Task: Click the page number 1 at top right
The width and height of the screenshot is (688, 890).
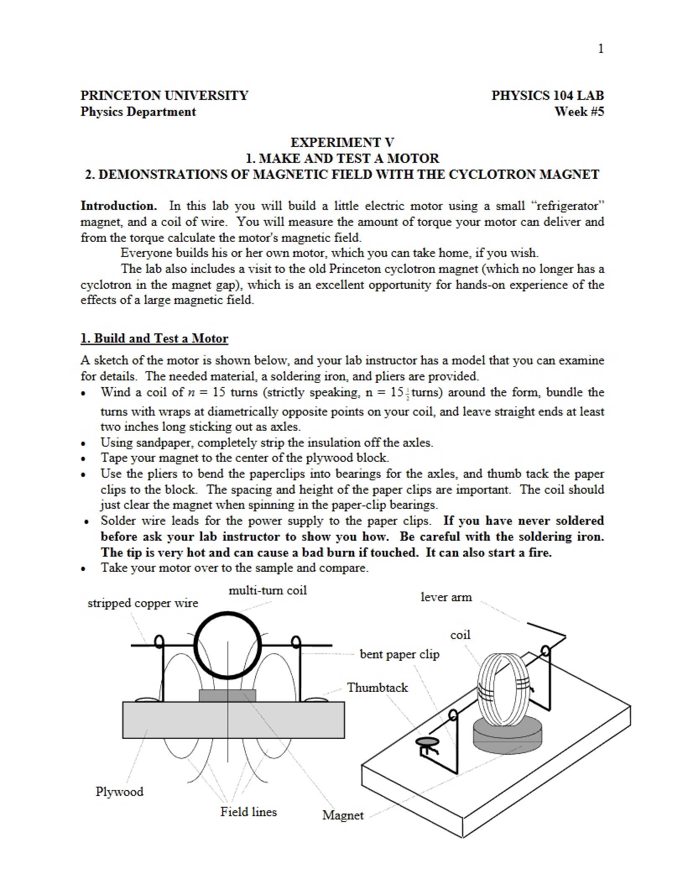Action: tap(601, 49)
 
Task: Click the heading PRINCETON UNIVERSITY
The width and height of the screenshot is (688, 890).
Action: tap(164, 95)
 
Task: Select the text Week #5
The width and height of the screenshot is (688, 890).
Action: tap(579, 112)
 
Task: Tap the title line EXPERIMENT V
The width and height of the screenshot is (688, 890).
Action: tap(342, 142)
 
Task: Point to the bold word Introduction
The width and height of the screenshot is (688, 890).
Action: tap(119, 206)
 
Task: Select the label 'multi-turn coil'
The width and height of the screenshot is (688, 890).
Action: tap(268, 590)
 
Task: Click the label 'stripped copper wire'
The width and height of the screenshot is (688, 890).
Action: tap(143, 603)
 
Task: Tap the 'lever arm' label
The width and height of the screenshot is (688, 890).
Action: tap(446, 597)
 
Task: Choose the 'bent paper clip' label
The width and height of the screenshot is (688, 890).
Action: tap(399, 654)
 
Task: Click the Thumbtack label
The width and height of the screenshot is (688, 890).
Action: tap(378, 687)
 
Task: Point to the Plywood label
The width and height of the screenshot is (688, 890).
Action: tap(120, 791)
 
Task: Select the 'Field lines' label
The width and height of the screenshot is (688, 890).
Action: tap(249, 811)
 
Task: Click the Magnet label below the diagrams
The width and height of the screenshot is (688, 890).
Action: tap(343, 815)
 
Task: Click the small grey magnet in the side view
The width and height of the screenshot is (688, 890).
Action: tap(227, 696)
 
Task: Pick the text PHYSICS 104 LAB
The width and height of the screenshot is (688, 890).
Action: tap(548, 95)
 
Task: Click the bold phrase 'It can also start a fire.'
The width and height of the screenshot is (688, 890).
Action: tap(489, 552)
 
